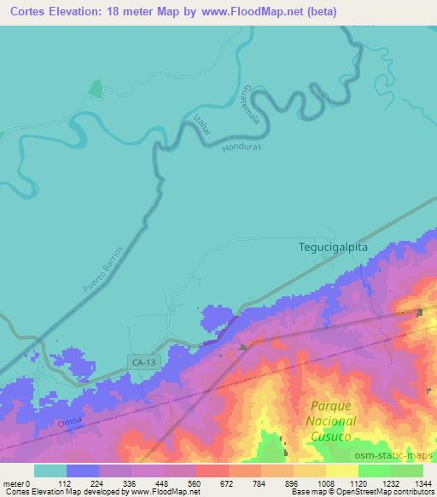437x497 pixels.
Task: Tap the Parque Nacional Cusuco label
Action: (331, 422)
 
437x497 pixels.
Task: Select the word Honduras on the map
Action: (241, 146)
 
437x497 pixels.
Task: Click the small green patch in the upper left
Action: (96, 88)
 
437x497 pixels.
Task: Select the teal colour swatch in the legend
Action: (50, 471)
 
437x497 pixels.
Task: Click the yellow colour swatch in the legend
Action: (341, 471)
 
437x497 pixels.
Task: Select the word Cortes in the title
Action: (22, 12)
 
